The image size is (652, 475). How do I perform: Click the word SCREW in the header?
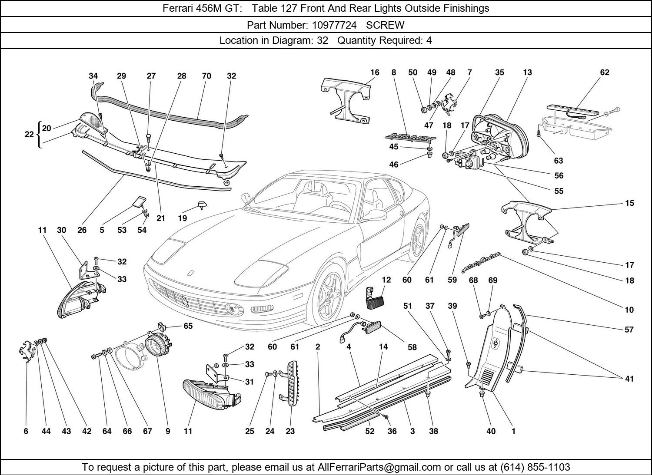click(x=385, y=25)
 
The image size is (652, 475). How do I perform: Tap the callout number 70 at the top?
click(x=206, y=76)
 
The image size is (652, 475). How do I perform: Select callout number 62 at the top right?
click(x=605, y=73)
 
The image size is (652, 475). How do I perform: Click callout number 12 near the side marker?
click(x=386, y=280)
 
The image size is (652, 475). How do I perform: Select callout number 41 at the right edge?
click(x=629, y=379)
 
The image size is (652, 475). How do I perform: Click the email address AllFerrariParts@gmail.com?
click(x=379, y=467)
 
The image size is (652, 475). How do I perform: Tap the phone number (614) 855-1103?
click(x=535, y=467)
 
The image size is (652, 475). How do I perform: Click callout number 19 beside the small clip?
click(x=183, y=218)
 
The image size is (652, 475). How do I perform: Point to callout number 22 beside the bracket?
click(x=29, y=135)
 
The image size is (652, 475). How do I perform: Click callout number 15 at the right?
click(x=629, y=203)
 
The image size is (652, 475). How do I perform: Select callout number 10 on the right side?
click(x=629, y=310)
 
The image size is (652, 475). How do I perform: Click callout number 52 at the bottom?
click(x=369, y=431)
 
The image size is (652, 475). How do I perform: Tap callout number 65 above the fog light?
click(x=188, y=326)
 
